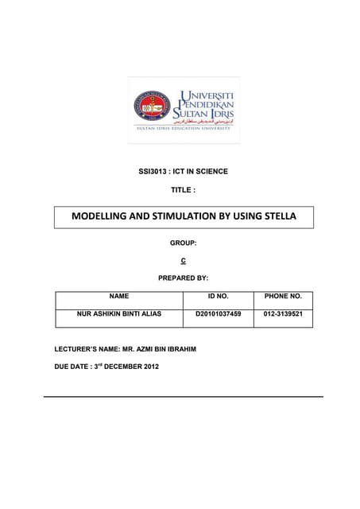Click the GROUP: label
click(184, 241)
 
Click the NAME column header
click(119, 296)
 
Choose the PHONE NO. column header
click(283, 296)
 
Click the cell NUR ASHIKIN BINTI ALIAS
click(119, 314)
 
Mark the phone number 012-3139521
click(283, 314)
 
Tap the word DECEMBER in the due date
click(124, 367)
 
